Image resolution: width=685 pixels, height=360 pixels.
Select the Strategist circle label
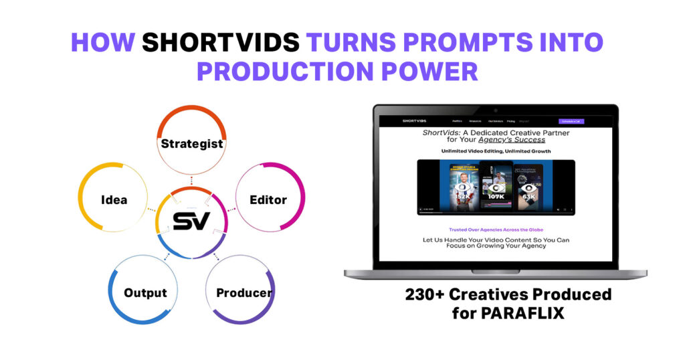pyautogui.click(x=192, y=143)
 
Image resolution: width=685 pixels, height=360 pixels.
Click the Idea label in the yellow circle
pyautogui.click(x=114, y=199)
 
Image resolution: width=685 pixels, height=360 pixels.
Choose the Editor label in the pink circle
pyautogui.click(x=268, y=199)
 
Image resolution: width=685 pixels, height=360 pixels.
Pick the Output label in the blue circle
pyautogui.click(x=145, y=292)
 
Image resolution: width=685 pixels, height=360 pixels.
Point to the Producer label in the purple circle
pyautogui.click(x=244, y=292)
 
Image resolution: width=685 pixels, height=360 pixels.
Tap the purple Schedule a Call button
pyautogui.click(x=572, y=121)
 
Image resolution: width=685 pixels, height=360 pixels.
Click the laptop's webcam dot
pyautogui.click(x=495, y=109)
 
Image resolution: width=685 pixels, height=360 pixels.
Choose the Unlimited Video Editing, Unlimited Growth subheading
pyautogui.click(x=496, y=151)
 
